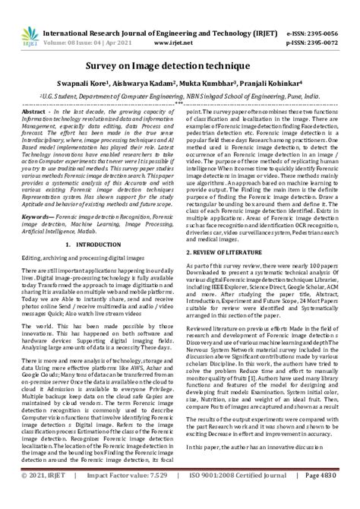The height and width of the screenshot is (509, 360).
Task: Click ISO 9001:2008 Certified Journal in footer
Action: coord(241,495)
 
